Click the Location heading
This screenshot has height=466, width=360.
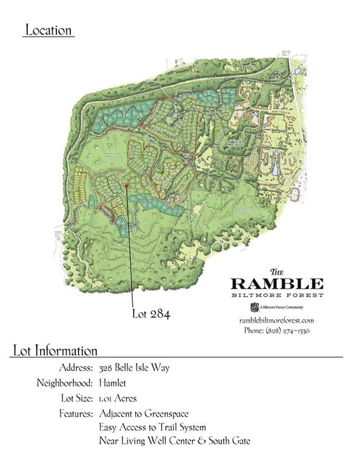(x=48, y=30)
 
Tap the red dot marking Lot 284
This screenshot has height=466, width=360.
(x=126, y=186)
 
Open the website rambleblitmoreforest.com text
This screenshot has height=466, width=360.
(x=276, y=320)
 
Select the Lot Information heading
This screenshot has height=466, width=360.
(x=55, y=351)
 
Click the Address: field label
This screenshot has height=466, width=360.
(x=76, y=368)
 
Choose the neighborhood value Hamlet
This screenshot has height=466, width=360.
(x=114, y=383)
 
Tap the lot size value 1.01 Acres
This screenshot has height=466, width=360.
(x=118, y=399)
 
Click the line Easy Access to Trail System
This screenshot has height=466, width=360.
(x=152, y=427)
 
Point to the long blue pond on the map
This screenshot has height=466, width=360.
(x=275, y=162)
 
